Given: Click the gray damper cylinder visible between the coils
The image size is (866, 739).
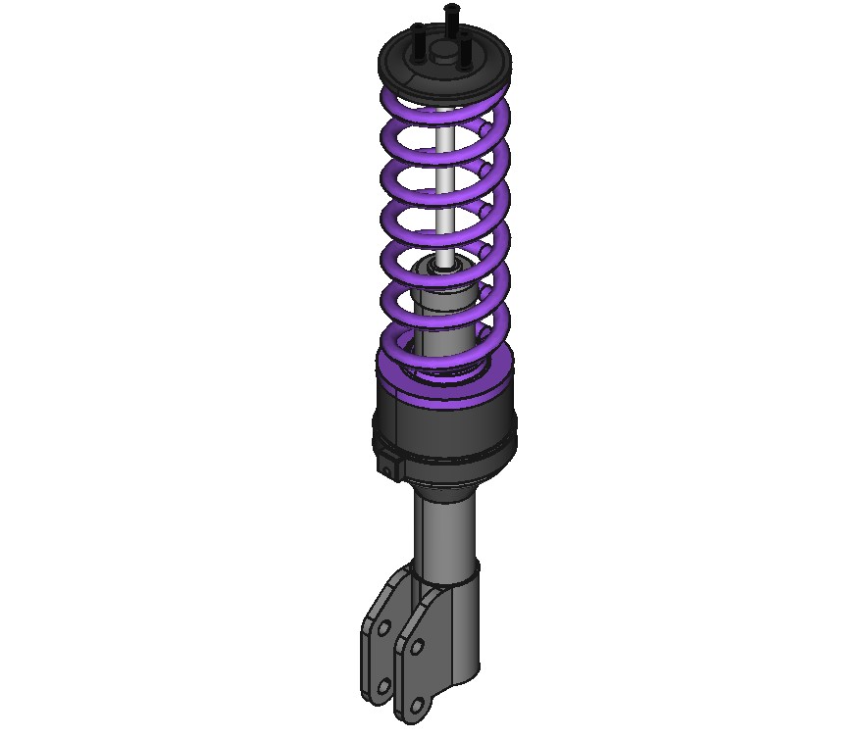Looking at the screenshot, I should click(446, 314).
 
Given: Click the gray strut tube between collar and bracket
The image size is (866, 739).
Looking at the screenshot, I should click(446, 529).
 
